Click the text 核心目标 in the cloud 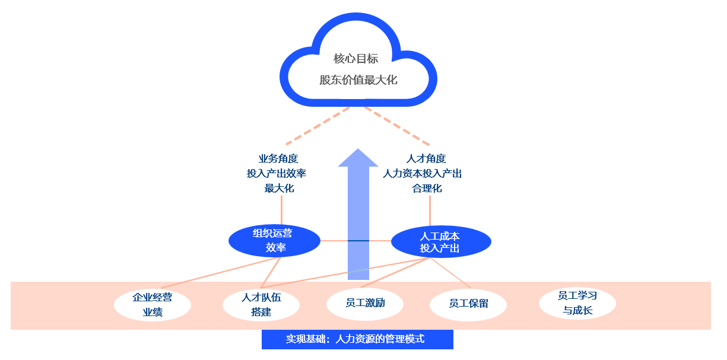[x=355, y=59]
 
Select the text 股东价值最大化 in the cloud [x=358, y=79]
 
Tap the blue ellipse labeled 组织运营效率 [x=274, y=241]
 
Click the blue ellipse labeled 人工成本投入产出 [x=441, y=241]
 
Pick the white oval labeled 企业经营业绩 [x=153, y=305]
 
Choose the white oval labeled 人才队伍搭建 [x=261, y=305]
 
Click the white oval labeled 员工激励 [x=365, y=303]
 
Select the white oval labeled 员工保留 [x=468, y=304]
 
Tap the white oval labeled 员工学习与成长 [x=577, y=302]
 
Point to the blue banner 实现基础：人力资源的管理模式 [x=357, y=339]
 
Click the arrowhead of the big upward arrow [x=358, y=158]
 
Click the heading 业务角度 [x=278, y=159]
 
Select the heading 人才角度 [x=426, y=159]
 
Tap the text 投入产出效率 [x=277, y=174]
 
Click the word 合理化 [x=427, y=189]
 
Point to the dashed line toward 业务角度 [x=318, y=126]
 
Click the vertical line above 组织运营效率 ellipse [x=281, y=210]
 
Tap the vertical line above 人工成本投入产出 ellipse [x=430, y=210]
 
